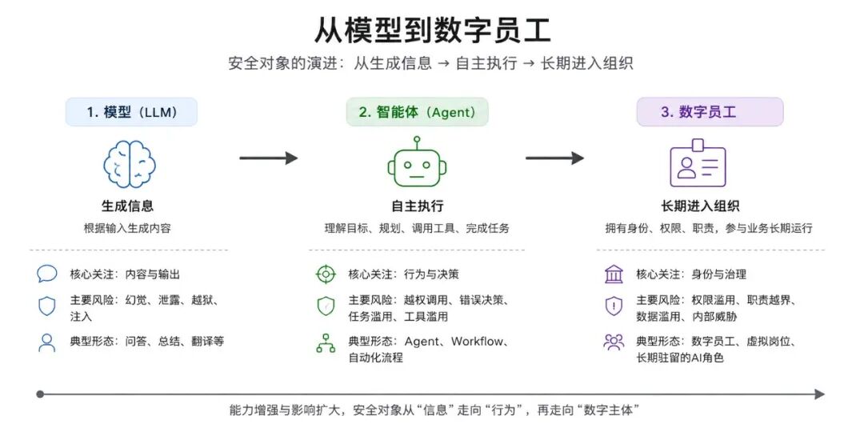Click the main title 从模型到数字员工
pos(432,30)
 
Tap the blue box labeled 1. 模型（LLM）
pos(131,112)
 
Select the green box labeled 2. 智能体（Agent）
pos(417,112)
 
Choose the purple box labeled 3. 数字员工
pos(710,112)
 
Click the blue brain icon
pos(130,164)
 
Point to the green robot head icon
pos(417,162)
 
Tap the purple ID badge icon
pos(698,163)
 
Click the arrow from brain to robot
pos(268,158)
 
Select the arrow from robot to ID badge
pos(554,158)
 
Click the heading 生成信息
pos(127,206)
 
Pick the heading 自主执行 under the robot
pos(417,206)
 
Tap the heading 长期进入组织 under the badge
pos(700,206)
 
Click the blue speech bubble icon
pos(47,274)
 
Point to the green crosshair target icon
pos(326,274)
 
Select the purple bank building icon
pos(614,274)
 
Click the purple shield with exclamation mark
pos(614,306)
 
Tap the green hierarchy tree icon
pos(326,342)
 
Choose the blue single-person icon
pos(47,342)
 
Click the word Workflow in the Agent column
pos(477,342)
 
